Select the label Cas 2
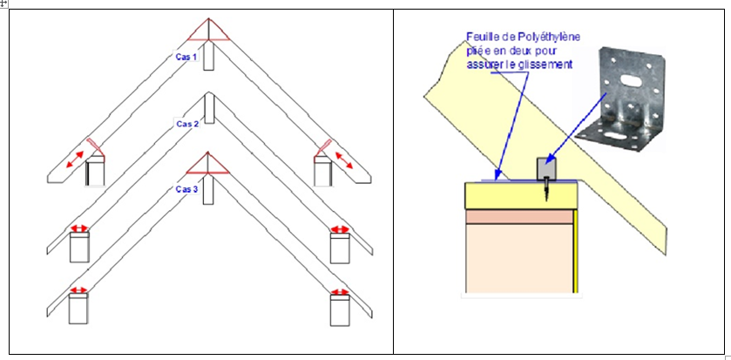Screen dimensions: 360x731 pos(187,124)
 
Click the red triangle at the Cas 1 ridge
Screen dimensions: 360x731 pos(207,32)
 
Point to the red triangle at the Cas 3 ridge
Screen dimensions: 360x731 pos(207,166)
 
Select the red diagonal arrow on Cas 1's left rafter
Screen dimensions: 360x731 pos(77,162)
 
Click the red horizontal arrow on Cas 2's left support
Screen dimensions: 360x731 pos(79,229)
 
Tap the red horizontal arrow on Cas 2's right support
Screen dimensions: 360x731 pos(339,229)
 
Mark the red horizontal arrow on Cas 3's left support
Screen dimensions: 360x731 pos(79,289)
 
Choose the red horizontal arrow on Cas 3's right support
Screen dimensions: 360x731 pos(339,289)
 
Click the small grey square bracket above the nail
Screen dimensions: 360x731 pos(546,166)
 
